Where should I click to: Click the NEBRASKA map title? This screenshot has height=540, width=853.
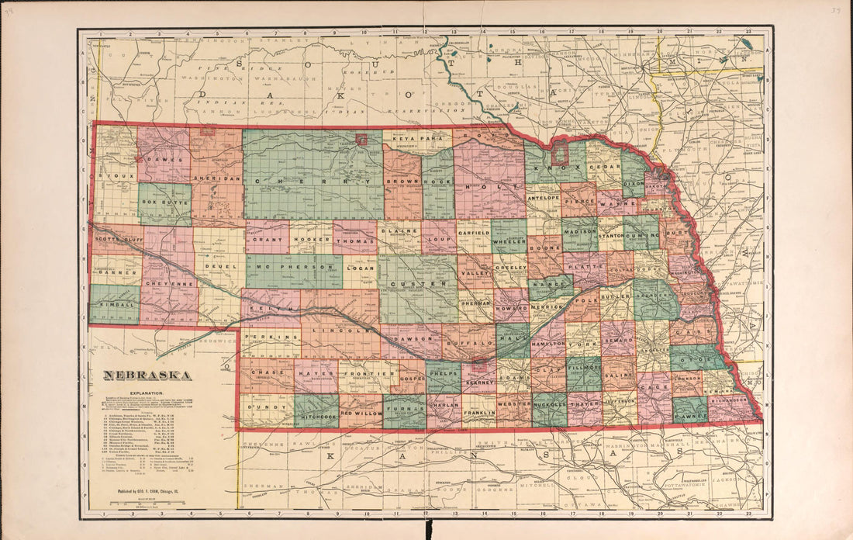[x=149, y=376]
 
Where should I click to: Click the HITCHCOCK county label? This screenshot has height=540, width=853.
[x=316, y=416]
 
